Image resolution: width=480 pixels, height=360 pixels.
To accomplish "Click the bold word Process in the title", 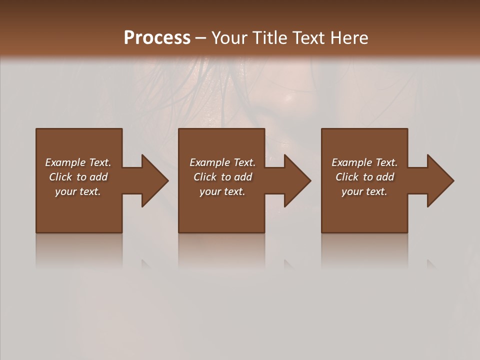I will (x=157, y=38).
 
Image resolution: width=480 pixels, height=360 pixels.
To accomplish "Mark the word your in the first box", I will (x=65, y=191).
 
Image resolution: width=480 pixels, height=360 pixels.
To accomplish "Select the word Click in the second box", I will (x=205, y=177).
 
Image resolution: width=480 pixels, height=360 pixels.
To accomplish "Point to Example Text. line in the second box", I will (x=222, y=162).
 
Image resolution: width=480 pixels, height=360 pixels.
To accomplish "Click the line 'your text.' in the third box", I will (x=364, y=191).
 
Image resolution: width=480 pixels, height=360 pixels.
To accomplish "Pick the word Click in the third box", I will (x=347, y=177).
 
